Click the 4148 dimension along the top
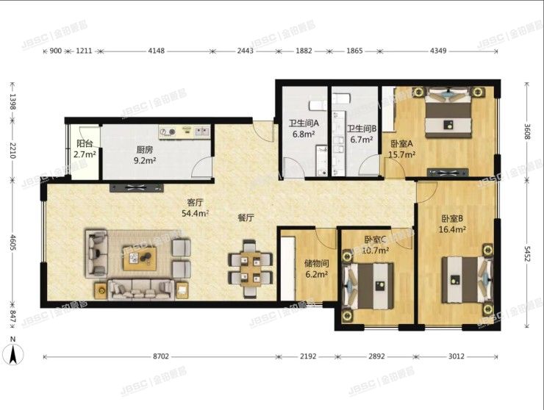point(156,51)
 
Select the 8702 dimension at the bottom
point(161,356)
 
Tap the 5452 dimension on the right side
point(527,255)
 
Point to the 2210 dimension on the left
point(12,150)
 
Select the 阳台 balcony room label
point(85,143)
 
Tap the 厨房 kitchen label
point(144,150)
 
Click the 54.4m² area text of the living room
point(195,213)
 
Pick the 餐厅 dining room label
point(246,217)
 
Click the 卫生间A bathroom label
point(304,123)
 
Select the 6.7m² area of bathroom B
point(362,140)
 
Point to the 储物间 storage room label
point(316,264)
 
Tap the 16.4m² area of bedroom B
point(452,229)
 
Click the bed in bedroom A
point(448,113)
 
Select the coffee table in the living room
point(140,258)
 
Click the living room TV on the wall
point(136,187)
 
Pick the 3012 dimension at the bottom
point(457,356)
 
